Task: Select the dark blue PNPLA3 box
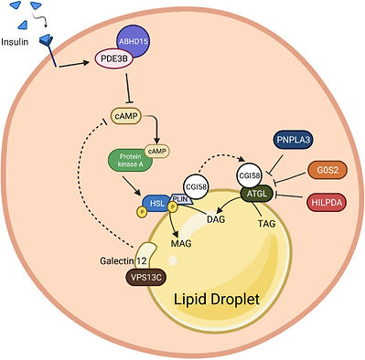pos(295,142)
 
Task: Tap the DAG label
pos(216,221)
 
